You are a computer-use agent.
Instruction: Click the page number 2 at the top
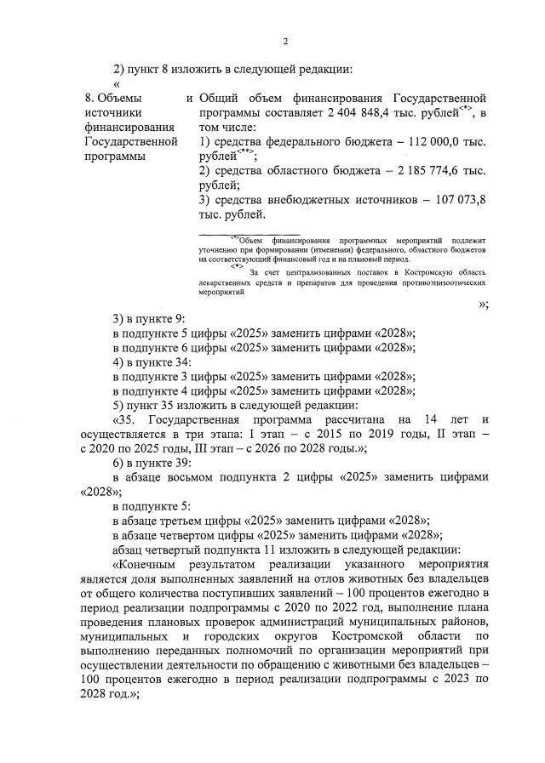point(286,41)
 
